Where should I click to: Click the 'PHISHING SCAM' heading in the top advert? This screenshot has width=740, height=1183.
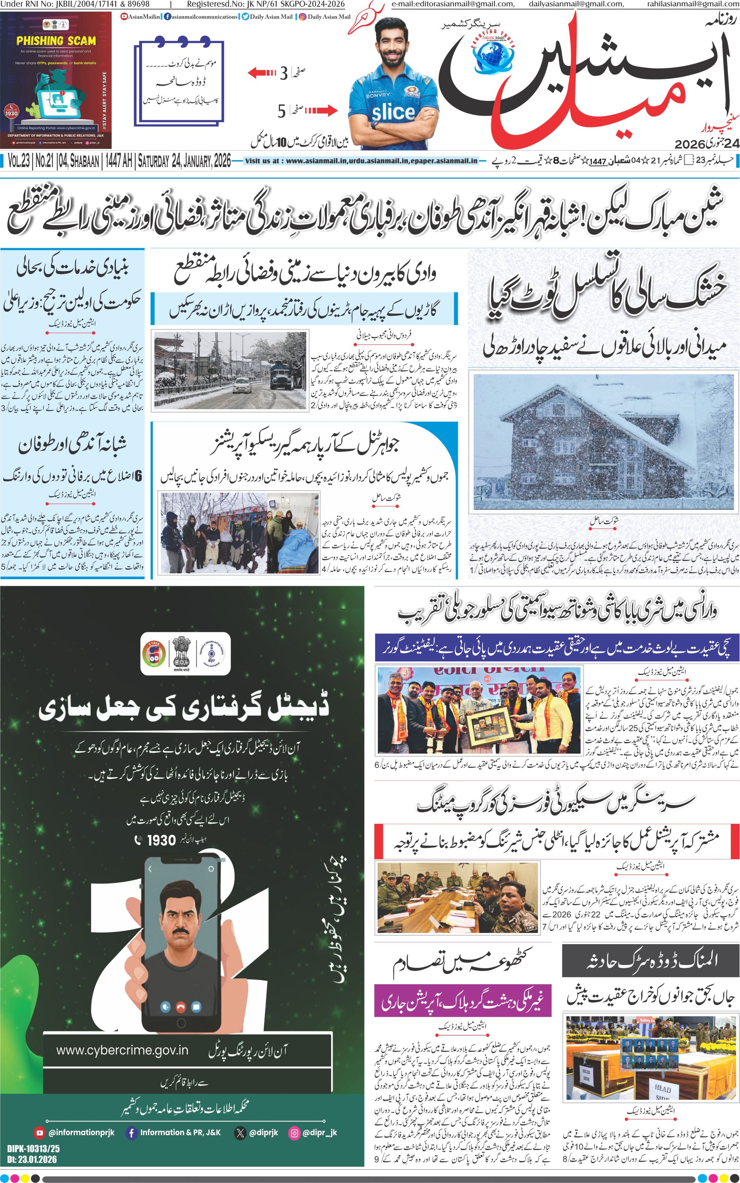click(x=56, y=41)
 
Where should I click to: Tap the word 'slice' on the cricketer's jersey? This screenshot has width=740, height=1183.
click(x=393, y=112)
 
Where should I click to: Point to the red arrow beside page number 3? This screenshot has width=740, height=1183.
click(x=262, y=73)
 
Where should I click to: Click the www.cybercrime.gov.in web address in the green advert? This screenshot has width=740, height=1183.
click(x=122, y=1050)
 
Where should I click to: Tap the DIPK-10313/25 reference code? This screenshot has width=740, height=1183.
click(x=33, y=1148)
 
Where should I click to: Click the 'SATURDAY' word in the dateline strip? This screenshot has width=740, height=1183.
click(x=153, y=161)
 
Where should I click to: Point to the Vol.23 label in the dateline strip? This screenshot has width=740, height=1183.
click(x=18, y=161)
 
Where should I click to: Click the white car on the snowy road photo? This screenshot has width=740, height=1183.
click(x=243, y=384)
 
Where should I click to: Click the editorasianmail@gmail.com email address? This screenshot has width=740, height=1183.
click(x=453, y=4)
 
